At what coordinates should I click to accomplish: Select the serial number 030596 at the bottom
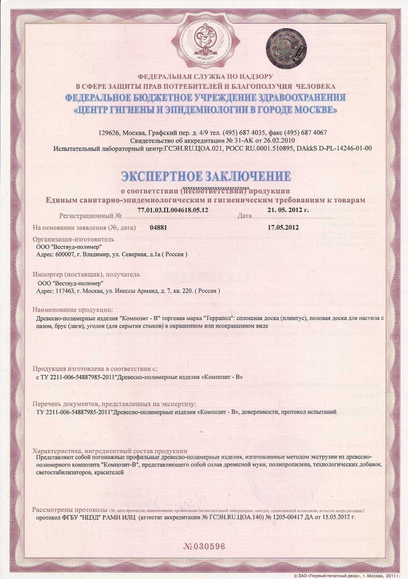coord(204,546)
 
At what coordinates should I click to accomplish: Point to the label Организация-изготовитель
coord(69,239)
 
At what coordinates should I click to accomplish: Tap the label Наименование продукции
coord(73,310)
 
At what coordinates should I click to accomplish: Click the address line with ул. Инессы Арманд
coord(128,291)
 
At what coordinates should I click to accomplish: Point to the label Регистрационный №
coord(90,216)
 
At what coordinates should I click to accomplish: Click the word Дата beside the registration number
coord(244,216)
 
